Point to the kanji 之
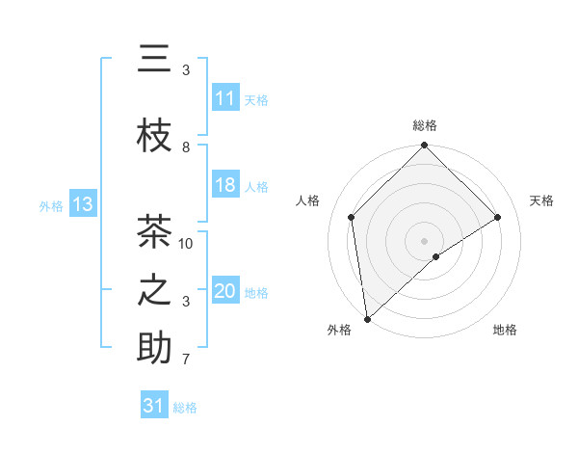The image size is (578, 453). (x=154, y=290)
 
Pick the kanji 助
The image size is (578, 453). (x=154, y=348)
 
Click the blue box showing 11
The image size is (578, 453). (x=225, y=98)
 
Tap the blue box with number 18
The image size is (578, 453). (x=225, y=185)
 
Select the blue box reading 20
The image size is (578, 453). (x=225, y=291)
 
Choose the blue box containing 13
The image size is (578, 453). (x=82, y=204)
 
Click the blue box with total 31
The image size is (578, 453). (x=154, y=406)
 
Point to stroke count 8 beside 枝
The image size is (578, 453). (x=186, y=147)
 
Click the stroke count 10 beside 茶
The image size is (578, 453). (x=186, y=243)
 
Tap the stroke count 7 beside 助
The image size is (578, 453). (x=186, y=360)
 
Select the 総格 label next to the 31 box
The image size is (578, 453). (x=185, y=408)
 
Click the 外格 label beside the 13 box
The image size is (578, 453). (x=51, y=205)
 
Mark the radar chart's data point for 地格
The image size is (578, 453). (x=436, y=256)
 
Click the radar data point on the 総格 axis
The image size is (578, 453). (x=424, y=146)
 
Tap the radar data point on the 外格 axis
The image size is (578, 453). (x=367, y=318)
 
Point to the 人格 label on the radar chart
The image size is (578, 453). (x=308, y=200)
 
